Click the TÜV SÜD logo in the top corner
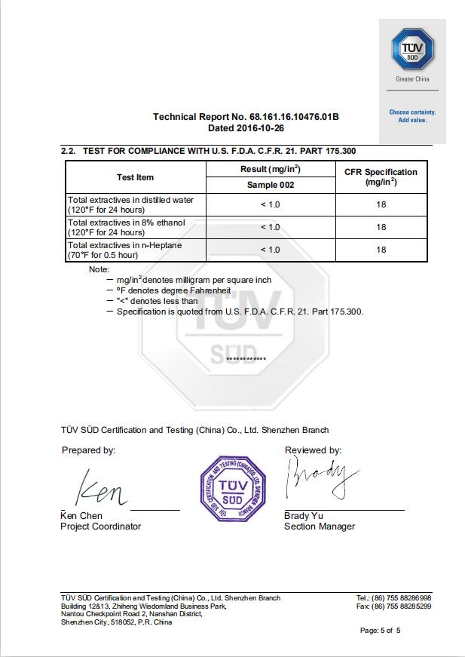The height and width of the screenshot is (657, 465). point(412,49)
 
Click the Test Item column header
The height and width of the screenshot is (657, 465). point(136,178)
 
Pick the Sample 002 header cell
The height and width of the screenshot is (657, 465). point(271,185)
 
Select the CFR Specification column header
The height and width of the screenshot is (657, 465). point(381,177)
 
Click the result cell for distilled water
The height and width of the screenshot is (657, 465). point(271,204)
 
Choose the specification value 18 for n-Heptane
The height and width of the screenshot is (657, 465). point(381,250)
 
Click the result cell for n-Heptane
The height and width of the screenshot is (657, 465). point(271,250)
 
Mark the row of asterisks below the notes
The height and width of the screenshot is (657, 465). point(246,359)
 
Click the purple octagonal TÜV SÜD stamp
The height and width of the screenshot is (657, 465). point(233,487)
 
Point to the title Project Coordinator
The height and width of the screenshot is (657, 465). point(100,527)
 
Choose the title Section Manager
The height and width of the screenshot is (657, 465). point(320,527)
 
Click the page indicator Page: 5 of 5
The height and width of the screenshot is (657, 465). point(380,631)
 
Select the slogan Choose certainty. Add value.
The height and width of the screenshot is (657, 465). point(412,116)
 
